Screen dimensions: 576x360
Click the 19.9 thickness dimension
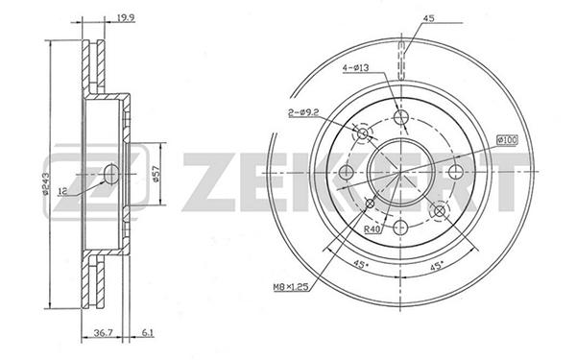(x=124, y=17)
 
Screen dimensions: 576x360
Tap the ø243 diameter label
(x=45, y=183)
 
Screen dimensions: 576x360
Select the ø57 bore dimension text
(x=156, y=174)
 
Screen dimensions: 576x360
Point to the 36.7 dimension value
(x=103, y=333)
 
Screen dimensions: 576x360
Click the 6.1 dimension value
(x=147, y=333)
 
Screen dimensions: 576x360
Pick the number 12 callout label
(x=62, y=191)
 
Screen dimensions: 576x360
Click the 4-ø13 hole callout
(x=355, y=67)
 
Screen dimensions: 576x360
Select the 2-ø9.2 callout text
(x=302, y=113)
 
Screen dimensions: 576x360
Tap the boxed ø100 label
(x=507, y=140)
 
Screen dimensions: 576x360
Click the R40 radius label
(x=372, y=229)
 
